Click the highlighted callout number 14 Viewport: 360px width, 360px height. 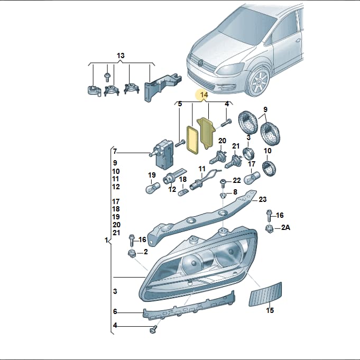coord(204,95)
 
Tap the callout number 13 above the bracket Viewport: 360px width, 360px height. coord(121,56)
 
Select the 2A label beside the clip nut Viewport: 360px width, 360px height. coord(285,227)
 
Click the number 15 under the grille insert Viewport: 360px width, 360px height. coord(270,310)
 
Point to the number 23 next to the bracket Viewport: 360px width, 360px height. coord(263,199)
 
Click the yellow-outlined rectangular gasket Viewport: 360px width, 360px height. coord(192,140)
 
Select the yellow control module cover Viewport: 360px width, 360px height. coord(206,133)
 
